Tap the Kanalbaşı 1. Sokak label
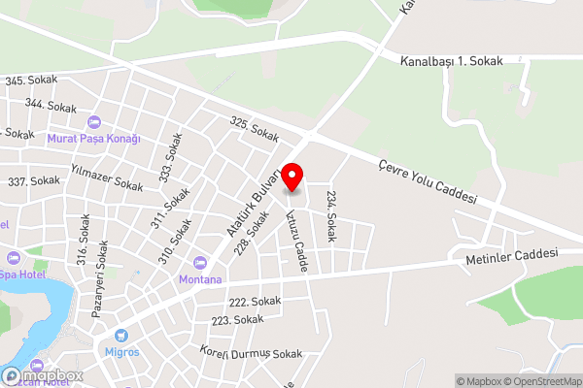[452, 60]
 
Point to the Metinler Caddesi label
[512, 254]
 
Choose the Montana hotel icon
[200, 262]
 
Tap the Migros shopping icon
[121, 335]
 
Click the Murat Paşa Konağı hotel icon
[94, 122]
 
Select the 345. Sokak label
[31, 80]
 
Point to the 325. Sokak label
[255, 126]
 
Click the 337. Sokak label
[33, 181]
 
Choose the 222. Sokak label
[254, 302]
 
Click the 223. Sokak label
[237, 319]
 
